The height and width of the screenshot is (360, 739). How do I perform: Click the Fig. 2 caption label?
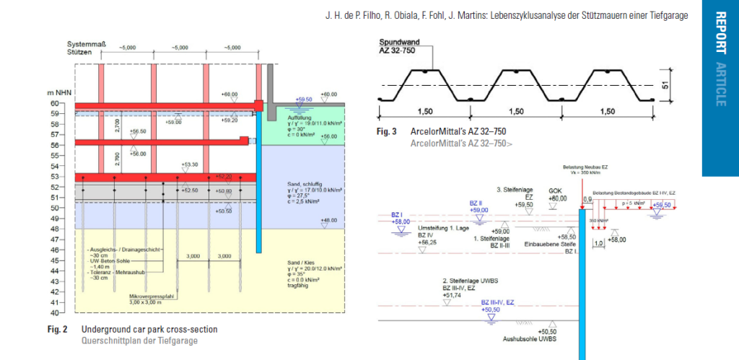point(57,330)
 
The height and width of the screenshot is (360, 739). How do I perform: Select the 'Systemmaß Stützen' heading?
point(87,48)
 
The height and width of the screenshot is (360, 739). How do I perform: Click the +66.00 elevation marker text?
point(229,95)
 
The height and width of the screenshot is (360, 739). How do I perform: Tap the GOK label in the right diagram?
point(556,190)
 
